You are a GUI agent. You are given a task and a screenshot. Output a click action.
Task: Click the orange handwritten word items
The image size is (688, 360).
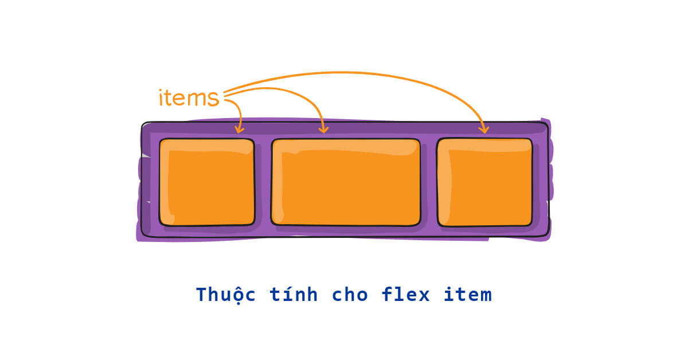click(189, 98)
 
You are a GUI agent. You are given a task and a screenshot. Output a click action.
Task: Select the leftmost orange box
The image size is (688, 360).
click(207, 182)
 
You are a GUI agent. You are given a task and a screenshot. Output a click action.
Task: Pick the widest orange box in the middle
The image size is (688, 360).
click(346, 182)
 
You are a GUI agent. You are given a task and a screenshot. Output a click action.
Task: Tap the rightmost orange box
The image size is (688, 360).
click(484, 182)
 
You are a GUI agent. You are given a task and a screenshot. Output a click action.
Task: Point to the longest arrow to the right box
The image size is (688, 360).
click(367, 73)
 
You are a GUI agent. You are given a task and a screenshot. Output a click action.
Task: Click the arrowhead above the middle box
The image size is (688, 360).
click(324, 128)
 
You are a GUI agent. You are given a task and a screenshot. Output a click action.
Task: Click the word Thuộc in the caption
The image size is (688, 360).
click(225, 295)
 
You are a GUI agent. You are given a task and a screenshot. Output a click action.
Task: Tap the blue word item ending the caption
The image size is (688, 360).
click(467, 295)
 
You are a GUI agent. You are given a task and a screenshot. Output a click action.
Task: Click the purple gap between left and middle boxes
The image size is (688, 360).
click(263, 182)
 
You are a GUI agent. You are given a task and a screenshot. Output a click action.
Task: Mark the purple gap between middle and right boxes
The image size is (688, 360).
click(428, 182)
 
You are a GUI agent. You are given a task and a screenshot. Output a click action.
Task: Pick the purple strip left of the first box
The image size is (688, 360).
click(150, 182)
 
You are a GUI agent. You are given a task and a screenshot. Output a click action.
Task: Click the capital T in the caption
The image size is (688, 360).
click(200, 295)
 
